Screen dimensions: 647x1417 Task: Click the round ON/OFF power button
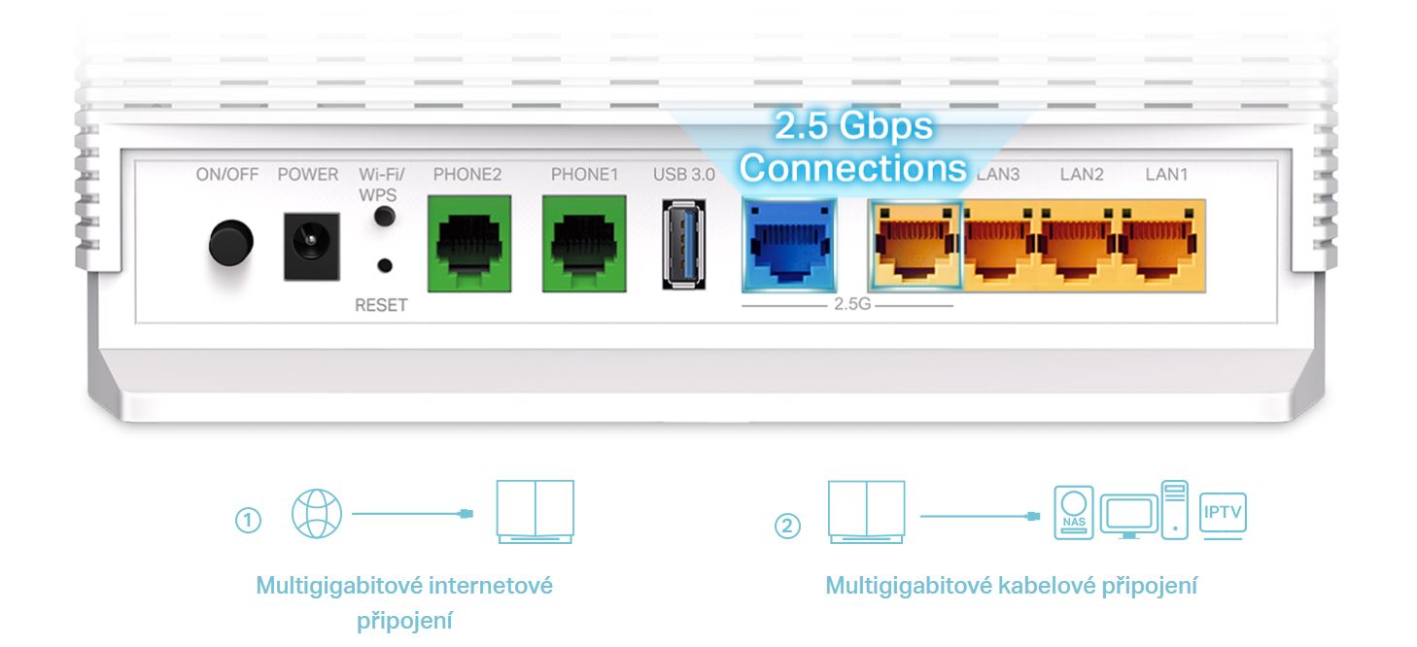(x=230, y=243)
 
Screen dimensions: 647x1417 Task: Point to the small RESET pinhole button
(x=386, y=264)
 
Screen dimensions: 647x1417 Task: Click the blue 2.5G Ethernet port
(x=788, y=244)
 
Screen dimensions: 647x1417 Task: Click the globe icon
(x=317, y=513)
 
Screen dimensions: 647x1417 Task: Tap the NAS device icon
(x=1073, y=512)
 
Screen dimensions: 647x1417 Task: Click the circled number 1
(x=248, y=521)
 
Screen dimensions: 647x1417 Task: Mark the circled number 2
(x=787, y=526)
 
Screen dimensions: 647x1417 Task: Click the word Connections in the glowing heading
(x=853, y=168)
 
